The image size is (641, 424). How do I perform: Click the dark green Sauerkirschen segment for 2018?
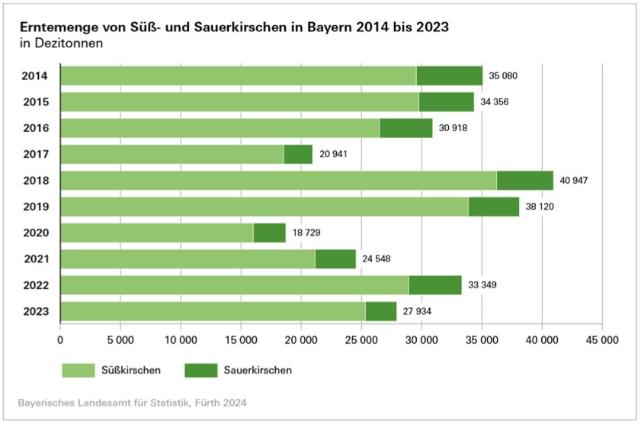(x=524, y=181)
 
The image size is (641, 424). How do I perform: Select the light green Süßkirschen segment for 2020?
(x=156, y=233)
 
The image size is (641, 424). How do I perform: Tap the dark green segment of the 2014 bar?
(x=449, y=75)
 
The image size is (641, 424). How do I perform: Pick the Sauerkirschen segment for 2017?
(x=298, y=154)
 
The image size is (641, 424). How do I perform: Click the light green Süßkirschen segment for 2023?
(x=213, y=311)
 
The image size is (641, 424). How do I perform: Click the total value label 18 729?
(x=306, y=233)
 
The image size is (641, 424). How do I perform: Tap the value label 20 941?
(x=333, y=154)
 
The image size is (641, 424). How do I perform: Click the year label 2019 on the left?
(x=36, y=207)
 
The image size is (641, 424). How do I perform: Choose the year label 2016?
(x=36, y=128)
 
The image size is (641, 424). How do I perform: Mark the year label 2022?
(x=36, y=285)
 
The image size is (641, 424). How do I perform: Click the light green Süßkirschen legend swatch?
(x=78, y=371)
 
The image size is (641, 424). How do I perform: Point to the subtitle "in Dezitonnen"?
(x=61, y=43)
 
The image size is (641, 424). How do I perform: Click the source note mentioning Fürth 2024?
(x=133, y=401)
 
